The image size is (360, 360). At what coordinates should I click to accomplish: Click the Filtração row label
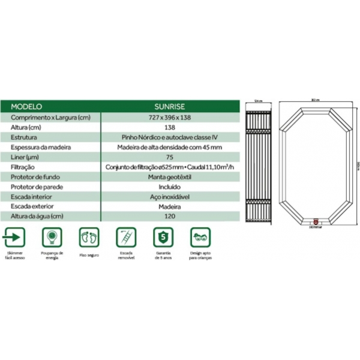[23, 167]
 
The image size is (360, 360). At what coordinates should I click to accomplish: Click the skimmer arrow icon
[15, 237]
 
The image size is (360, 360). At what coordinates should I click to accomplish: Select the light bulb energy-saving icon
[52, 237]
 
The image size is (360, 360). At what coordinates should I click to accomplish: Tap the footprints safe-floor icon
[89, 237]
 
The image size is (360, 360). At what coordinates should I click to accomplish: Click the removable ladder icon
[125, 237]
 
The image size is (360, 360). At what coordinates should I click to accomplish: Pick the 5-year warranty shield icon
[163, 237]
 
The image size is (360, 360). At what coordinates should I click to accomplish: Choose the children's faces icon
[200, 237]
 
